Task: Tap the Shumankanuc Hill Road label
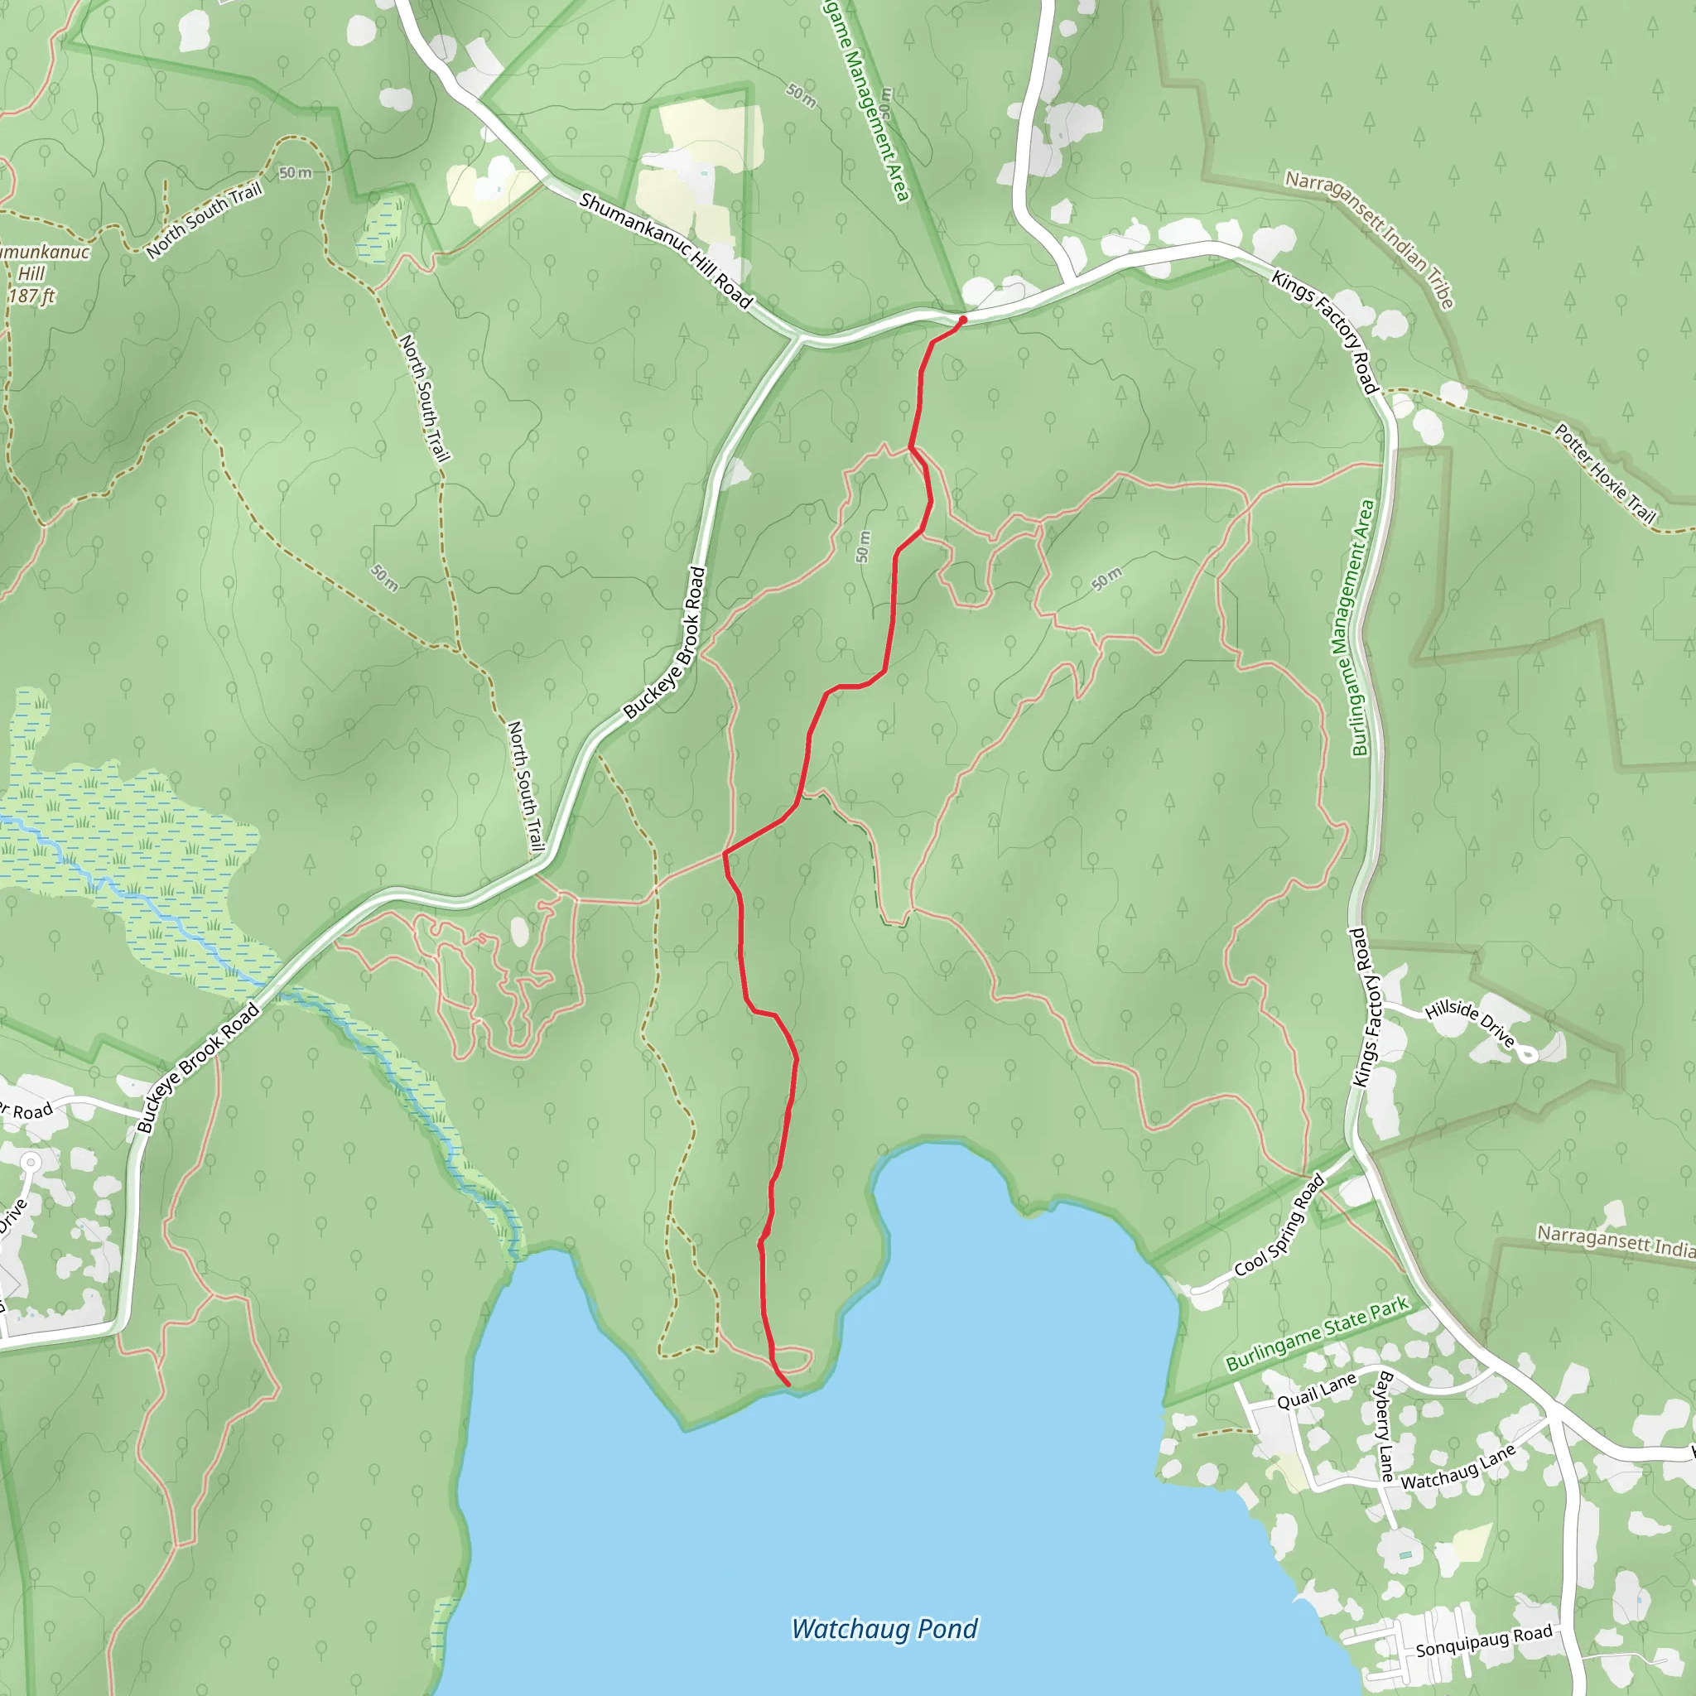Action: coord(666,251)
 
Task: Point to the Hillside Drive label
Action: coord(1470,1023)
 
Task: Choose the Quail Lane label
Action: coord(1316,1392)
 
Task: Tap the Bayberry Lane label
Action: coord(1385,1426)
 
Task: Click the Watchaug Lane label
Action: coord(1458,1467)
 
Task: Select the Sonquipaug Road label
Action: coord(1483,1641)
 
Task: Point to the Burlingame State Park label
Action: coord(1317,1333)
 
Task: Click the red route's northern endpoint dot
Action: coord(963,320)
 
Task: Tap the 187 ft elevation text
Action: coord(31,296)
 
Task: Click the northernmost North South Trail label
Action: coord(205,221)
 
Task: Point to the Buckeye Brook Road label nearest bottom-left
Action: coord(199,1068)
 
